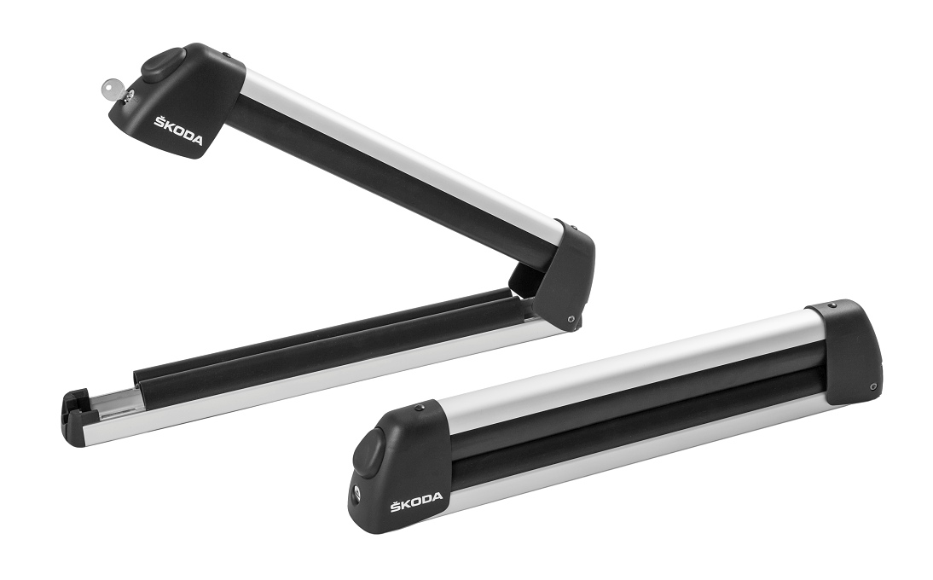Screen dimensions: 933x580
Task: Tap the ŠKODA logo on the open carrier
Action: pyautogui.click(x=178, y=130)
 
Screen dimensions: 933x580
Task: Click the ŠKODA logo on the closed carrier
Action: pyautogui.click(x=416, y=501)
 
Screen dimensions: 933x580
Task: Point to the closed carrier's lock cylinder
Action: pyautogui.click(x=356, y=491)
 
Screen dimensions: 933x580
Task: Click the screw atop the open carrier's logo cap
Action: pyautogui.click(x=227, y=56)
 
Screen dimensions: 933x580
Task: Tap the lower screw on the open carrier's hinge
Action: pyautogui.click(x=571, y=320)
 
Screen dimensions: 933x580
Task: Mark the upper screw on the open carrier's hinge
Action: pyautogui.click(x=573, y=227)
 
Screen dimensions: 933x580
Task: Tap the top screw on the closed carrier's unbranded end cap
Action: pyautogui.click(x=833, y=305)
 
